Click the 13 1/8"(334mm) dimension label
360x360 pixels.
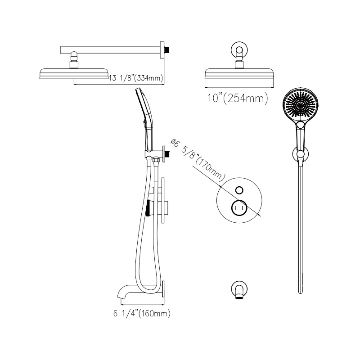click(x=136, y=78)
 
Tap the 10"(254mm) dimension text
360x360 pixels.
click(x=238, y=99)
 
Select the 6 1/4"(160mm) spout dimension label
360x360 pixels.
click(x=142, y=313)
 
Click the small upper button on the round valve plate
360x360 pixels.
click(x=239, y=190)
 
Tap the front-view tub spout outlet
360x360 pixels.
click(x=239, y=298)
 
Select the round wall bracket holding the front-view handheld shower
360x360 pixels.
click(x=300, y=154)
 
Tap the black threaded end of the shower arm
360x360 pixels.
click(x=167, y=50)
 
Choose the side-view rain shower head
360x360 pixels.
click(x=74, y=74)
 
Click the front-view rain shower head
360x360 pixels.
click(x=239, y=78)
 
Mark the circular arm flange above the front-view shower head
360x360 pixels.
click(x=239, y=50)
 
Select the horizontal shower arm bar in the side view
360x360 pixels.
click(x=110, y=50)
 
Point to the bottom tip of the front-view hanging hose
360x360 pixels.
click(x=300, y=293)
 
